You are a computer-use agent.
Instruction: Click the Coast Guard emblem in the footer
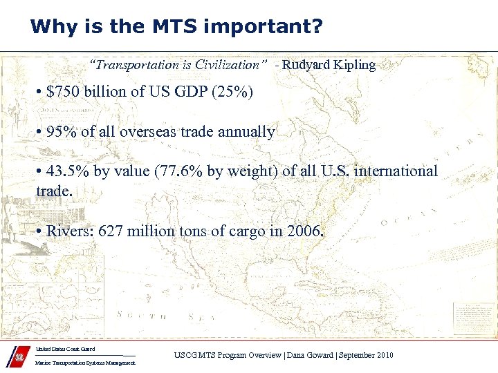coord(19,359)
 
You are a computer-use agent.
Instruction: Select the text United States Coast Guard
coord(65,350)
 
